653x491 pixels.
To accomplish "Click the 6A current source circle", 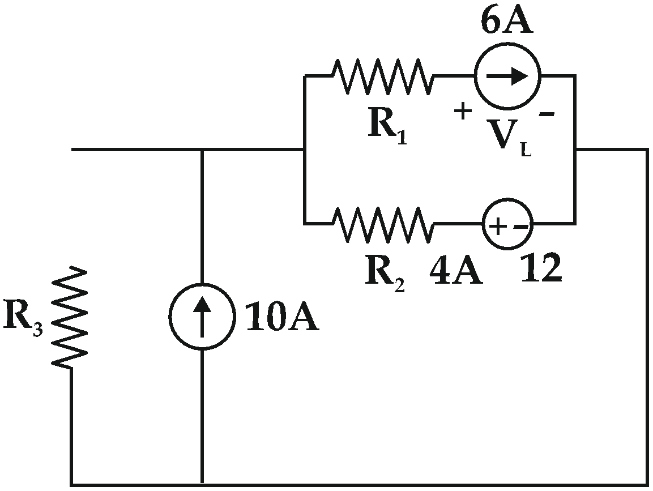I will (x=507, y=76).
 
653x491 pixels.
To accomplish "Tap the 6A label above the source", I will (x=507, y=22).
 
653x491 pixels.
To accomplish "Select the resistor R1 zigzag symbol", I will (x=383, y=76).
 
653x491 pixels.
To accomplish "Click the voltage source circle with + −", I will (x=507, y=225).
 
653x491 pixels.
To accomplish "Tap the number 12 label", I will (x=541, y=269).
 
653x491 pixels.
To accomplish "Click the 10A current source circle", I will (x=202, y=316).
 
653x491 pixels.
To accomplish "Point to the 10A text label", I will (x=281, y=319).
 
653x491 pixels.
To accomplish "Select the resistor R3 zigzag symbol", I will (x=71, y=317).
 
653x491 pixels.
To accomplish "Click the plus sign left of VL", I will (x=463, y=112).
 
